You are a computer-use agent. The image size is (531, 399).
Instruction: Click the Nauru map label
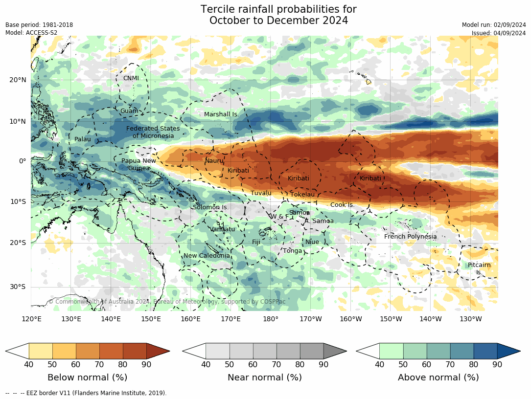pos(214,161)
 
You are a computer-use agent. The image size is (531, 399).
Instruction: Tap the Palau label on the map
pos(82,139)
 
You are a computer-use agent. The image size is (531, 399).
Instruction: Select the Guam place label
pos(129,111)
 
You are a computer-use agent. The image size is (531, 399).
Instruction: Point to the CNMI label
pos(131,78)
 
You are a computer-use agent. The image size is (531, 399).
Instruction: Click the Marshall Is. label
pos(221,114)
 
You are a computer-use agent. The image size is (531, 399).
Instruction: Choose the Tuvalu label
pos(261,193)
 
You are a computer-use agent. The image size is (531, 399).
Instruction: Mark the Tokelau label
pos(302,195)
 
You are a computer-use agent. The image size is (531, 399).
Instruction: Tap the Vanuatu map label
pos(223,229)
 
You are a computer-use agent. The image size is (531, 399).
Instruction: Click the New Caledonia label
pos(207,256)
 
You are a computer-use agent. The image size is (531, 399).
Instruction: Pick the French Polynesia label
pos(410,237)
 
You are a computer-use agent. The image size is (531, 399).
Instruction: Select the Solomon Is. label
pos(210,207)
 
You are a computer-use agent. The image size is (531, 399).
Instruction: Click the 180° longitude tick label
pos(271,319)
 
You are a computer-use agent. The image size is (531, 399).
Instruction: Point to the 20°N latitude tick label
pos(18,80)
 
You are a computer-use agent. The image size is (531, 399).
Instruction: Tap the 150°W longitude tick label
pos(391,319)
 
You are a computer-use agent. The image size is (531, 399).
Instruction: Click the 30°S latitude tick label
pos(18,287)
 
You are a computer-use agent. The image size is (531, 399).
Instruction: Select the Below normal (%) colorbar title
pos(87,377)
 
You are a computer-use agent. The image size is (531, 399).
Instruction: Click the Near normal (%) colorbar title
pos(264,377)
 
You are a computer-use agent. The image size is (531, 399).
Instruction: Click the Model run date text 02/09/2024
pos(509,25)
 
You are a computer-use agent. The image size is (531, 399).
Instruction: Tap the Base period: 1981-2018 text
pos(39,25)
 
